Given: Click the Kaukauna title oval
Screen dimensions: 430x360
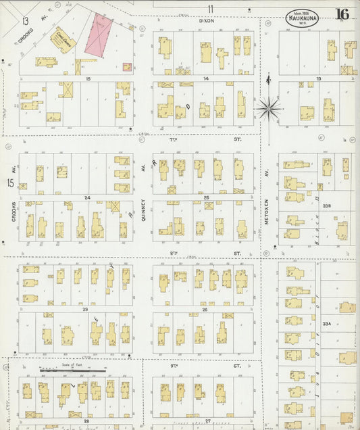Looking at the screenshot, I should pos(301,18).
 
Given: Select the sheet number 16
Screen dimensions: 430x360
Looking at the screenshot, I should pos(342,14).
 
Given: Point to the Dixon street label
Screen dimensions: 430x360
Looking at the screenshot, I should pos(205,21).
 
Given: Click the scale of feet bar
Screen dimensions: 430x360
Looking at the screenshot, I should pos(73,371).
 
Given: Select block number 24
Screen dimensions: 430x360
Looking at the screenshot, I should pos(87,197).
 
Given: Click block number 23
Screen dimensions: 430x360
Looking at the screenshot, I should pos(86,309).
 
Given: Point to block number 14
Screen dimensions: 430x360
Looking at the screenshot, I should pos(206,79).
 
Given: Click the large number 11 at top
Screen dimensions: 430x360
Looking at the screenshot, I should pos(210,8).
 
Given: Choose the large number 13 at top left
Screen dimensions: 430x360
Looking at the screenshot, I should pos(25,21).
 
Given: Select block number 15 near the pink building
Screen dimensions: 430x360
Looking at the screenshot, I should pos(88,79).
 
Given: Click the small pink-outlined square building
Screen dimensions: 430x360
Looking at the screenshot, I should pos(126,67).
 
